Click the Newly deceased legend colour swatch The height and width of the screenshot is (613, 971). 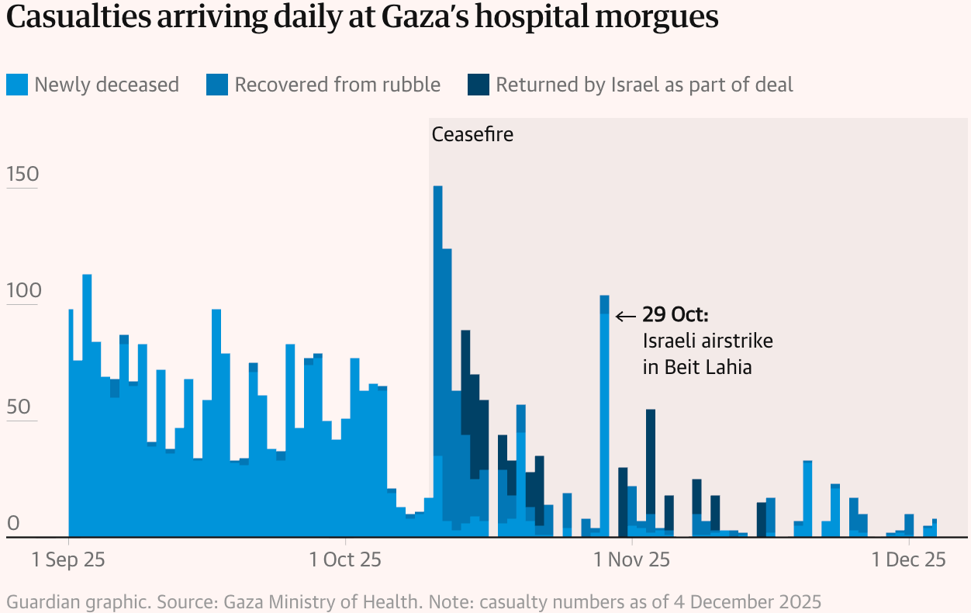click(17, 85)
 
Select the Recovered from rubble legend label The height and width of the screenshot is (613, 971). click(337, 85)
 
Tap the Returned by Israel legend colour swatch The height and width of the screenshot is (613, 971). click(479, 85)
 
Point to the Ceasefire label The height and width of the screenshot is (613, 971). click(472, 134)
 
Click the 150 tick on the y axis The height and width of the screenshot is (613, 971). click(22, 175)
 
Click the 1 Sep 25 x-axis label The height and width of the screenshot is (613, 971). click(68, 559)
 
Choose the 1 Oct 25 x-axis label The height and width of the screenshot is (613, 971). click(344, 559)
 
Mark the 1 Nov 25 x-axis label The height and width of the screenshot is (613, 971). click(631, 559)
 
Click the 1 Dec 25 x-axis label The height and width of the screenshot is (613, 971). click(908, 559)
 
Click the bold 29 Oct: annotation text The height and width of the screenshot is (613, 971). click(676, 315)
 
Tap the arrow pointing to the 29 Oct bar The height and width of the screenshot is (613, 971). click(625, 316)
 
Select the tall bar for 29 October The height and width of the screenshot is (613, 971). click(604, 419)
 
